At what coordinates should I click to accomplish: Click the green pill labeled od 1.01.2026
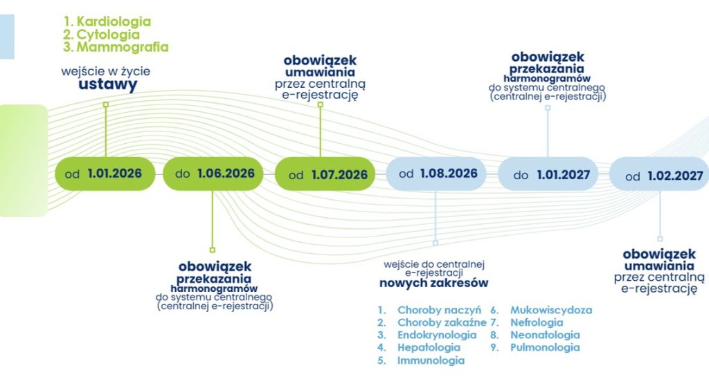[105, 174]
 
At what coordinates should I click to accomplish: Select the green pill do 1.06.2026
[214, 174]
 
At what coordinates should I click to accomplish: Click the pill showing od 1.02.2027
[659, 176]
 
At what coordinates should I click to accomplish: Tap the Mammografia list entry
[122, 48]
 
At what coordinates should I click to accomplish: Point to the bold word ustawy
[107, 85]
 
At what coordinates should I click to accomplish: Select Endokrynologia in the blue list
[437, 335]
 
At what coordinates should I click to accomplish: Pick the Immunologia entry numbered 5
[431, 360]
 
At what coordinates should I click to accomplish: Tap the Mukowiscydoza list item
[551, 310]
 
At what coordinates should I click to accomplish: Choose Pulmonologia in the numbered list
[545, 347]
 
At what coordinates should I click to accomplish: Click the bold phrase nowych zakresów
[433, 283]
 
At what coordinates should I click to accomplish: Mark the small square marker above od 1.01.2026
[106, 104]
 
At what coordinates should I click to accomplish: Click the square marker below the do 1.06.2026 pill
[212, 250]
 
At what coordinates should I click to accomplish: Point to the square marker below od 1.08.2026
[436, 243]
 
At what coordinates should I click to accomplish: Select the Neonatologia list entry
[545, 335]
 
